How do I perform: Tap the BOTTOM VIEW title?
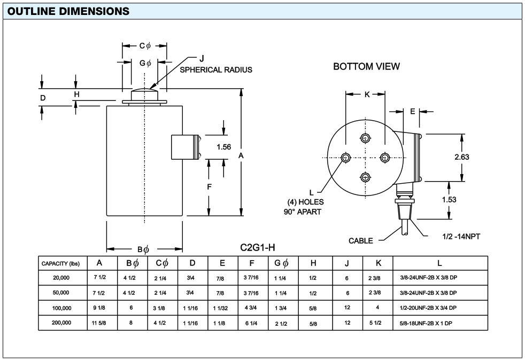click(x=366, y=67)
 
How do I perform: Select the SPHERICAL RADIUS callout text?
click(x=216, y=69)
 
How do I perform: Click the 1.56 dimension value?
click(x=223, y=147)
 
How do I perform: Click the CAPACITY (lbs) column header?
click(x=61, y=263)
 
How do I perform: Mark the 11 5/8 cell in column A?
click(x=99, y=323)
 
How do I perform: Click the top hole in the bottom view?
click(x=365, y=139)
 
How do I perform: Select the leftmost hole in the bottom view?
click(x=346, y=158)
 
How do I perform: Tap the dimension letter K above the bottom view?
click(x=367, y=95)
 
